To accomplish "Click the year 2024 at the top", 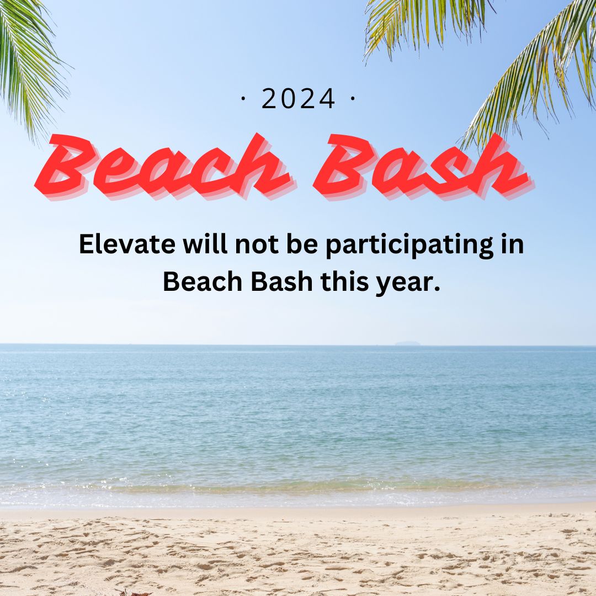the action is pos(299,98).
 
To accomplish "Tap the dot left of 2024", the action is pos(243,98).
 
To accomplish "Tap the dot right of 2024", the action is pos(352,98).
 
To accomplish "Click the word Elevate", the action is pos(127,244).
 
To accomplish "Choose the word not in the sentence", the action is pos(257,244).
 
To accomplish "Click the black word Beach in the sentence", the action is pos(203,281).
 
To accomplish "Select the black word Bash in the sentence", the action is pos(281,281).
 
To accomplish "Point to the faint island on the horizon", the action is pos(407,343).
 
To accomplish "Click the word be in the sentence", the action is pos(302,244).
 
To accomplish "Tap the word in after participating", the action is pos(513,244).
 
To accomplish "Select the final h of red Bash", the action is pos(501,167).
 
